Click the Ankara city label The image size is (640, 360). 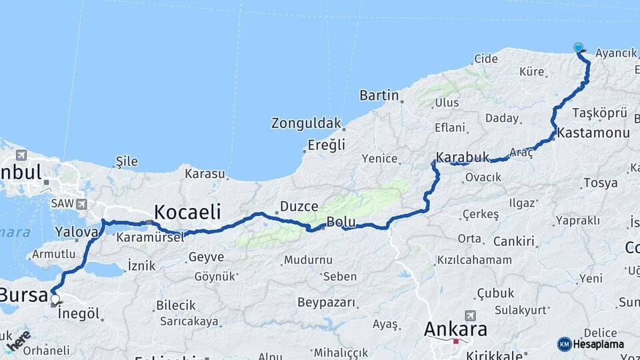[455, 329]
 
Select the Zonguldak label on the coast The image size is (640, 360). [306, 123]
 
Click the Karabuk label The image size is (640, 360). [459, 158]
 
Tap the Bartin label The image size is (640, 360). [379, 95]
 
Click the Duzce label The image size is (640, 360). [299, 206]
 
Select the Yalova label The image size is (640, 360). [77, 231]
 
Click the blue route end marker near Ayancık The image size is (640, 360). [578, 47]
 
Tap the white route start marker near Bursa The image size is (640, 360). [55, 299]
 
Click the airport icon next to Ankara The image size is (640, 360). [471, 315]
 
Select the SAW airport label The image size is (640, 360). [63, 203]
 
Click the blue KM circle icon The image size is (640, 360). [564, 344]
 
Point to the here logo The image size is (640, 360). [19, 341]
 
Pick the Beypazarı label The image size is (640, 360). [327, 302]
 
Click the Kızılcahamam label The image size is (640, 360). [475, 259]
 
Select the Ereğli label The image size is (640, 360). [326, 145]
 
